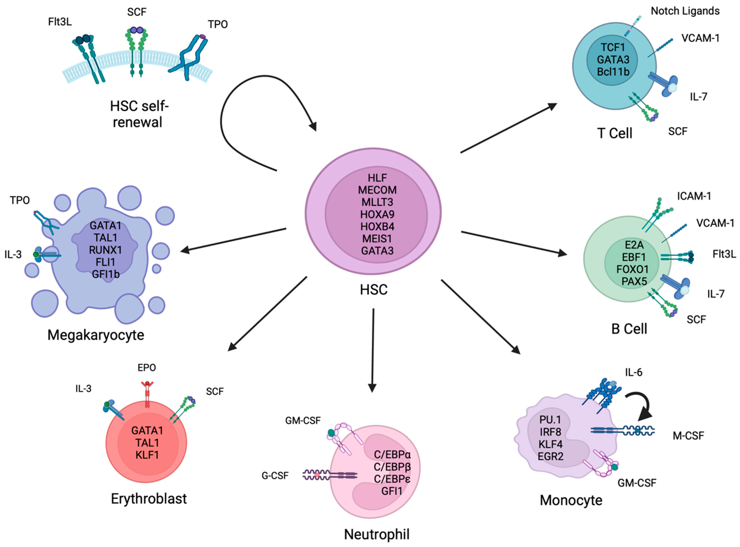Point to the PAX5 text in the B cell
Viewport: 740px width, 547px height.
point(634,281)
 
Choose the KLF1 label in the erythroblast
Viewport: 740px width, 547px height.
point(147,455)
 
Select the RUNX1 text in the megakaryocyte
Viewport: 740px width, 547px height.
point(105,250)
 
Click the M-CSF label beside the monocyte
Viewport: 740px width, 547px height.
point(688,436)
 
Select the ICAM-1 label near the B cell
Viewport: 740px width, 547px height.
point(694,196)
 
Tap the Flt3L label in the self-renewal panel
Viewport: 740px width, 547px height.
point(60,22)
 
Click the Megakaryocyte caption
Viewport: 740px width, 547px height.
point(96,335)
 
